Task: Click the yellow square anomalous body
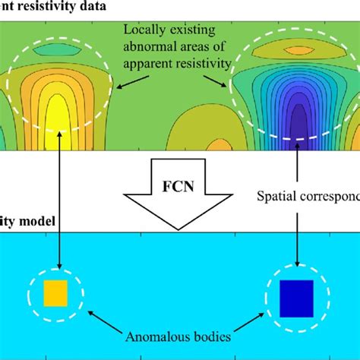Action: (x=56, y=293)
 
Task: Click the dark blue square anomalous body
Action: (x=297, y=298)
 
